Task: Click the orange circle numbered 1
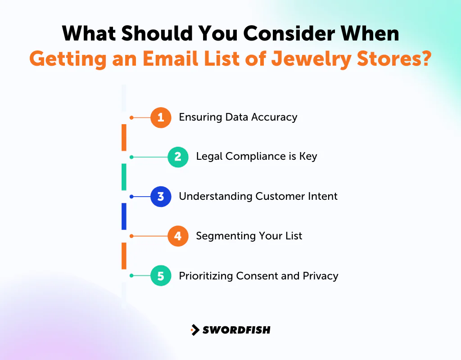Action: [161, 118]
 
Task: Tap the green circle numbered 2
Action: [178, 157]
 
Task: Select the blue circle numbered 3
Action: [161, 197]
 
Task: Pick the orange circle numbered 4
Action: [178, 236]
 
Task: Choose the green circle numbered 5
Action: [161, 275]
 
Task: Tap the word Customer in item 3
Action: [278, 196]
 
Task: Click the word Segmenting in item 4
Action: [219, 236]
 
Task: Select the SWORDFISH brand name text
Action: [236, 330]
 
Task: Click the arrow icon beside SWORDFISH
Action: [195, 330]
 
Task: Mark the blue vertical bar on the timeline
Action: [124, 216]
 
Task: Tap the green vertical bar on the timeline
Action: [124, 177]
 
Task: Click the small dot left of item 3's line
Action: [131, 197]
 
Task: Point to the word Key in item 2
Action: [308, 157]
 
